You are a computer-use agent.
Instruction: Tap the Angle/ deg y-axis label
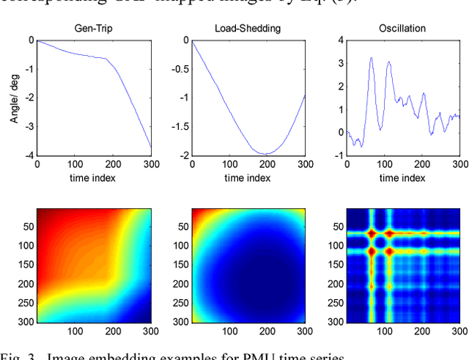coord(15,98)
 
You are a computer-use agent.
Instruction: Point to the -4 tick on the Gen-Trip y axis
coord(29,155)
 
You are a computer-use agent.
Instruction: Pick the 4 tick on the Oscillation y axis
coord(341,40)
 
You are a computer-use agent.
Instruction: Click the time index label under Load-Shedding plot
coord(248,177)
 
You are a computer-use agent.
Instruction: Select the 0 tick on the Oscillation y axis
coord(341,133)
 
